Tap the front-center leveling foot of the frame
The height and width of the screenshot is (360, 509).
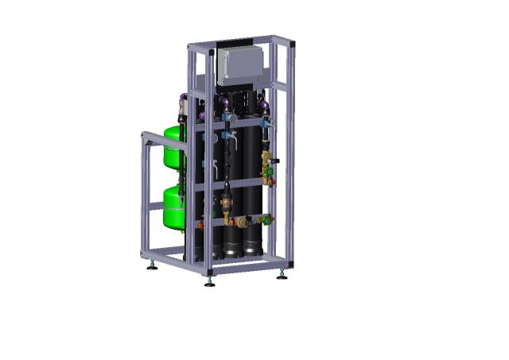pyautogui.click(x=210, y=281)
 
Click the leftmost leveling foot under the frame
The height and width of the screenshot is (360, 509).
pyautogui.click(x=152, y=265)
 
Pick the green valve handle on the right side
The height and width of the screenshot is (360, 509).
pyautogui.click(x=273, y=168)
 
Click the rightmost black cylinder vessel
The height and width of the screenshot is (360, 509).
pyautogui.click(x=248, y=191)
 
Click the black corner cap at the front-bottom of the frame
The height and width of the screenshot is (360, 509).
pyautogui.click(x=210, y=272)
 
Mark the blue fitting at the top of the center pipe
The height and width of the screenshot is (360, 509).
pyautogui.click(x=229, y=117)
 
